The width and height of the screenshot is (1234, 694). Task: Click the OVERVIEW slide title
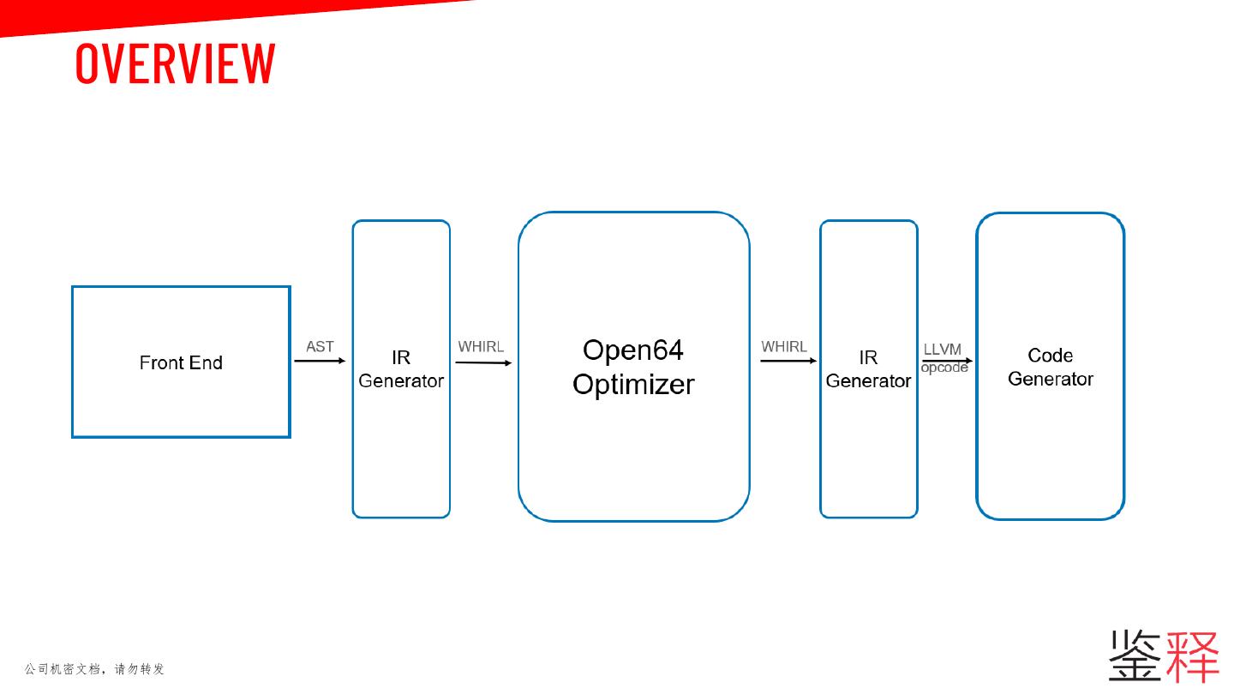click(175, 63)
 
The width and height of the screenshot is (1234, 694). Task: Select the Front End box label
click(181, 362)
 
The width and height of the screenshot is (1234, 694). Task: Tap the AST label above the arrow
click(320, 346)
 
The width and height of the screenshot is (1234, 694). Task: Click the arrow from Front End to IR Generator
click(320, 361)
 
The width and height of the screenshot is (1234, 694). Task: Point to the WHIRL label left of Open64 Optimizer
click(481, 346)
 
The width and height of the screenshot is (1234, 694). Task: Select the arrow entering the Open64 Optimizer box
click(483, 362)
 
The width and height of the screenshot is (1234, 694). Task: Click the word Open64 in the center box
click(632, 350)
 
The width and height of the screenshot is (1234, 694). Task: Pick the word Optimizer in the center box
click(633, 384)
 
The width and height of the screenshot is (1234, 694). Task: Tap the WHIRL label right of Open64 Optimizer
click(784, 346)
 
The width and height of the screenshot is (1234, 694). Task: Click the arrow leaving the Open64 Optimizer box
click(788, 361)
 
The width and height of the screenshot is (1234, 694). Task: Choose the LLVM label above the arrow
click(943, 350)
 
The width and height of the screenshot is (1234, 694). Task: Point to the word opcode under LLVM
click(944, 368)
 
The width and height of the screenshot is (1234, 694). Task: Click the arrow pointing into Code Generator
click(946, 361)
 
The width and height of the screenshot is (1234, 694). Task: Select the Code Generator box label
click(1051, 367)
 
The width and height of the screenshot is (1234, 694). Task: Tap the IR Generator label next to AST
click(401, 369)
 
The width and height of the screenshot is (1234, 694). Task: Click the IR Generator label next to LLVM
click(868, 369)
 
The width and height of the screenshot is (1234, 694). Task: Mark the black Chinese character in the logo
click(1136, 655)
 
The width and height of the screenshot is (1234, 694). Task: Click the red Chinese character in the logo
click(1192, 655)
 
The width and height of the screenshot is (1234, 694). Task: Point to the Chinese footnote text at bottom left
click(94, 668)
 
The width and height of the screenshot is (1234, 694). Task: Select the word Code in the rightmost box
click(1051, 355)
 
